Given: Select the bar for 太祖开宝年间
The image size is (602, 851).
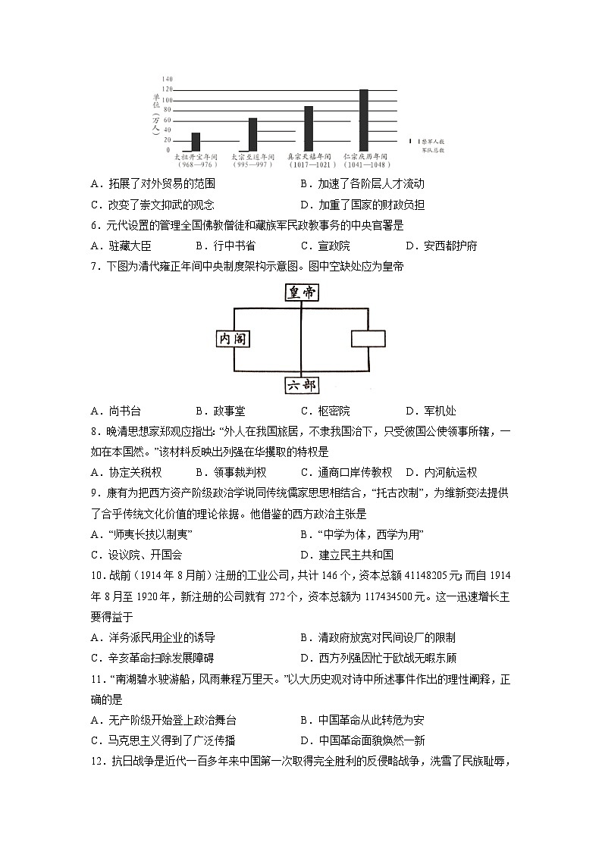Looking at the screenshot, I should point(196,142).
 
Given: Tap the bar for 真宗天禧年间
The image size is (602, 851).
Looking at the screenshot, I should point(309,128).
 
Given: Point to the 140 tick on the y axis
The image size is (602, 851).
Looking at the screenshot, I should point(168,79).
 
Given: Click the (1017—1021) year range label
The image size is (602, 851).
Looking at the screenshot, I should point(309,164).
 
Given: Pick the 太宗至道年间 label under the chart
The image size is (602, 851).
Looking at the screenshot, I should point(252,156).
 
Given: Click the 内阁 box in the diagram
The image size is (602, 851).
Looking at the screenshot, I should point(233,339).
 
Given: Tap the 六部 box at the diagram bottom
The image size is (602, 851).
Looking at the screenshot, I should point(301,385).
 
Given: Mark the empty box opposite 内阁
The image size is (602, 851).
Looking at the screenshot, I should point(368,339).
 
